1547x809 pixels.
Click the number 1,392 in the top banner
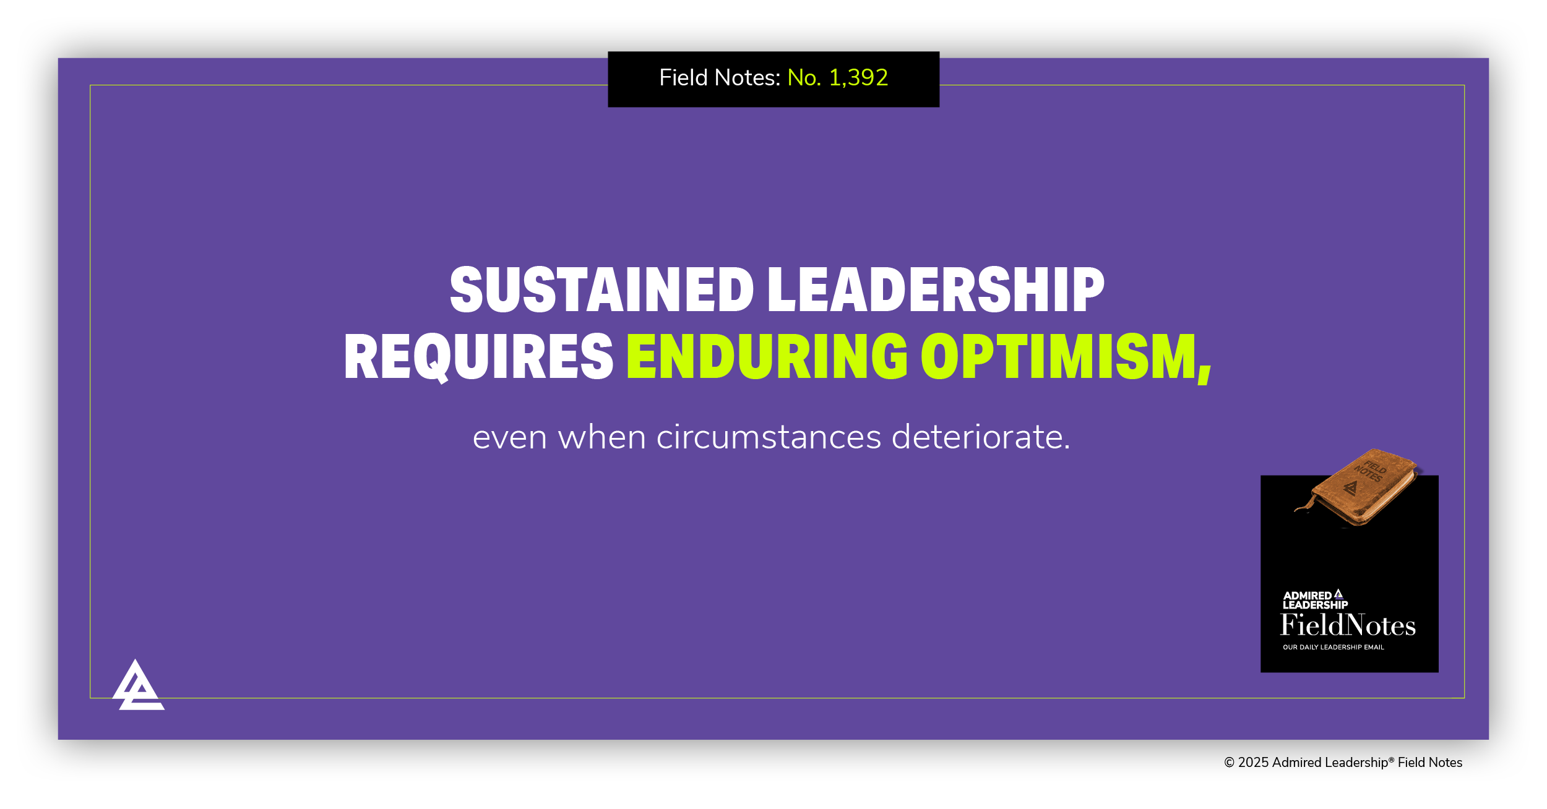858,78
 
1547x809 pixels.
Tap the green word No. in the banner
804,78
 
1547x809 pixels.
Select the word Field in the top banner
683,78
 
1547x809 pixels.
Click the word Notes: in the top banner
748,78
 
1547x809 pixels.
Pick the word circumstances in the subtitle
768,437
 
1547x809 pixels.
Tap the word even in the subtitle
509,437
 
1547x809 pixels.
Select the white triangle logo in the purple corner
138,686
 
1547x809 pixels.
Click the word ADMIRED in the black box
1306,596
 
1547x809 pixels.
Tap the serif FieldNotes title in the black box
1348,625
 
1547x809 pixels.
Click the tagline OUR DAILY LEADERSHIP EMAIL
1333,648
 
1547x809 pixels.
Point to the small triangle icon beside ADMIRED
1338,594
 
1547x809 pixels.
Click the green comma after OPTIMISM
1204,373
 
